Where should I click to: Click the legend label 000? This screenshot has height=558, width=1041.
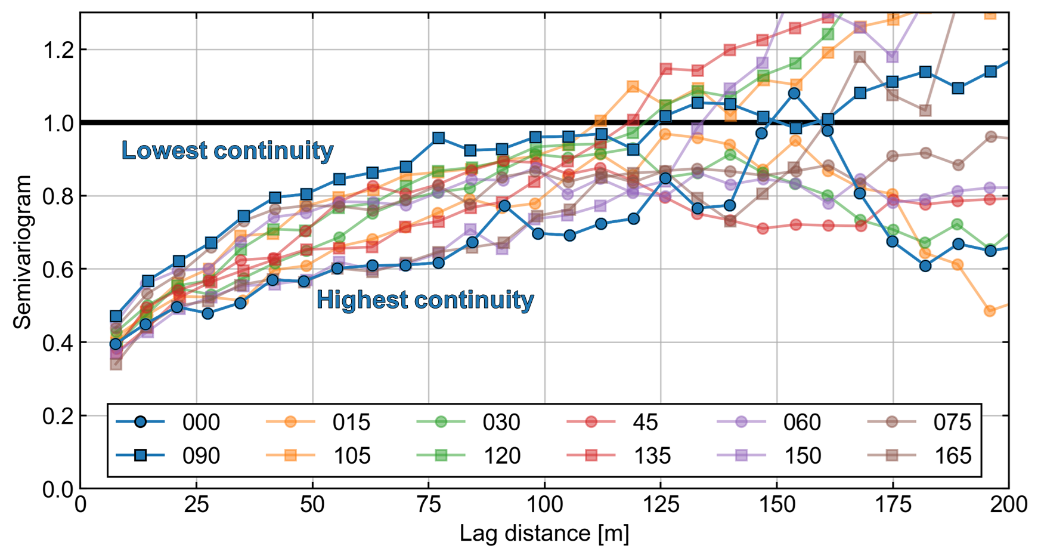(x=201, y=423)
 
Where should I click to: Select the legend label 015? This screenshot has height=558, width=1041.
(x=351, y=423)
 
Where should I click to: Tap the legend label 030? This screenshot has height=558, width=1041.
(x=501, y=423)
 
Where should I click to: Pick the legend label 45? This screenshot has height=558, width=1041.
(x=645, y=423)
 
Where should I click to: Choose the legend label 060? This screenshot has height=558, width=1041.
(x=802, y=423)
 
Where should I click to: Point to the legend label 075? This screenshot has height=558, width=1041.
(x=952, y=423)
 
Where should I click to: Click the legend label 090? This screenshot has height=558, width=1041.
(x=201, y=456)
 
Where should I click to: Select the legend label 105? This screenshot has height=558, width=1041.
(x=352, y=456)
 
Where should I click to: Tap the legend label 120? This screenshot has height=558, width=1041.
(x=502, y=456)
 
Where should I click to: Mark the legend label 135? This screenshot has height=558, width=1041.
(x=652, y=456)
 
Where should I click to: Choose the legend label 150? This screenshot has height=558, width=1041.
(x=803, y=456)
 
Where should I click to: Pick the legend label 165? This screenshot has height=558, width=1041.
(x=953, y=456)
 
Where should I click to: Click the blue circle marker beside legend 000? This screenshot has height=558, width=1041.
(x=140, y=423)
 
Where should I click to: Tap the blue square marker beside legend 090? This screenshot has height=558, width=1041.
(x=140, y=456)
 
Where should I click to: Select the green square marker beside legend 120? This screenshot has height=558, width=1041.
(x=441, y=456)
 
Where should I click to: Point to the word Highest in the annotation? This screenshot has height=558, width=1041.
(x=363, y=300)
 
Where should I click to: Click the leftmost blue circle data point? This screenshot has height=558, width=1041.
(x=116, y=344)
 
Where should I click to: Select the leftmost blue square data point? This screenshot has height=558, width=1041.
(x=116, y=316)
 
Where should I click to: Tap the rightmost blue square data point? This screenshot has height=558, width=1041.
(x=990, y=72)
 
